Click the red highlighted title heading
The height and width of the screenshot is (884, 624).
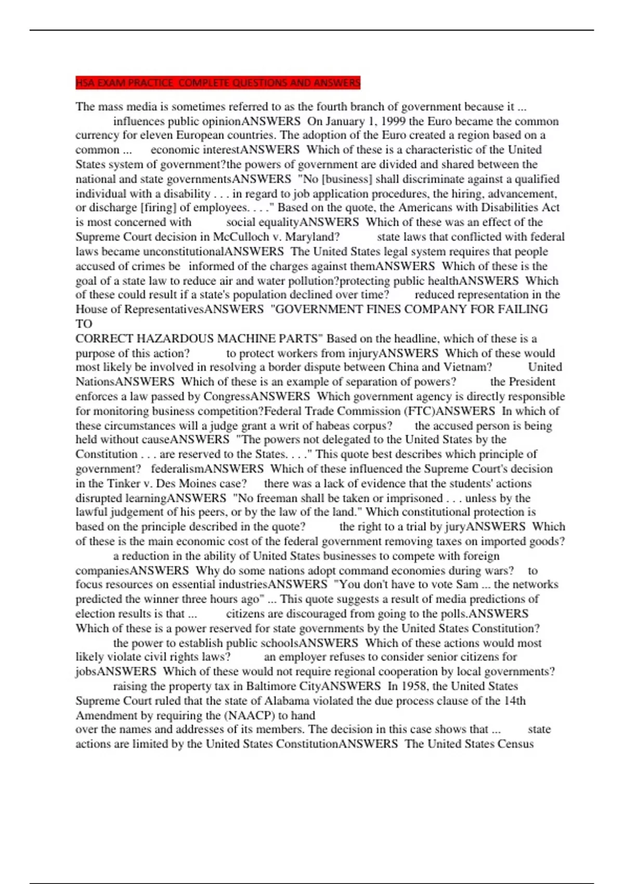pos(218,83)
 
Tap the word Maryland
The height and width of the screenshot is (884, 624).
pos(313,237)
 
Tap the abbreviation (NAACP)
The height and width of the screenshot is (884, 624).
pos(245,715)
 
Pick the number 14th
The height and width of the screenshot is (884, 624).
pos(514,700)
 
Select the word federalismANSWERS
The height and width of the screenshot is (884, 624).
pos(207,469)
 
